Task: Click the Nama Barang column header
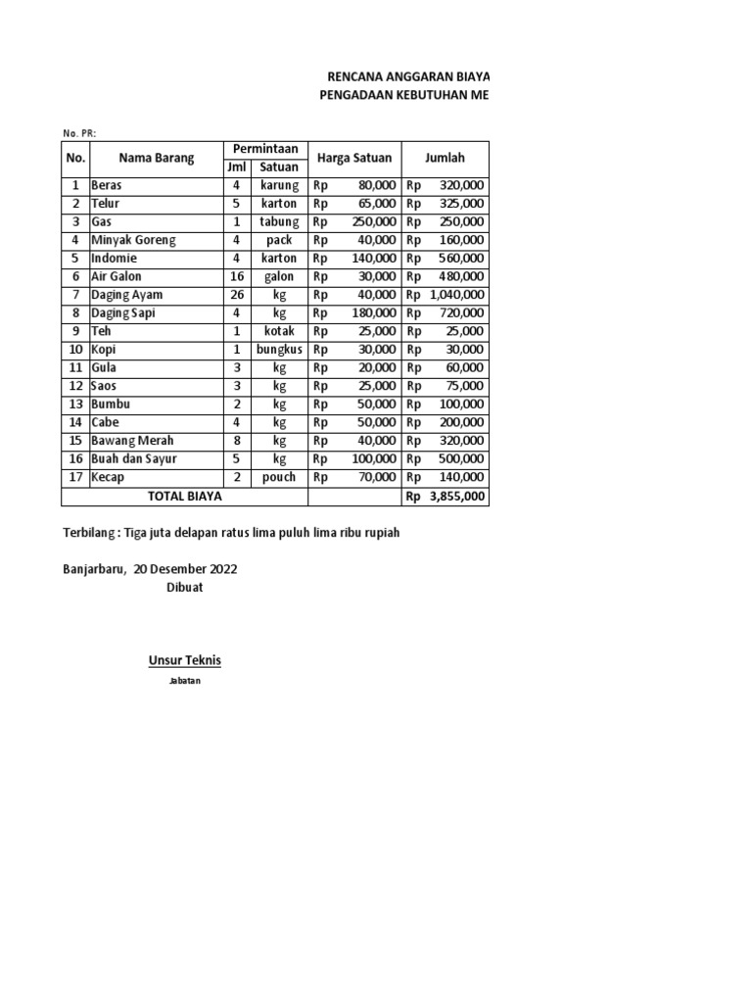pyautogui.click(x=157, y=158)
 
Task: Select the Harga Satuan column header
pyautogui.click(x=353, y=158)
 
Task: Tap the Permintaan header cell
pyautogui.click(x=264, y=148)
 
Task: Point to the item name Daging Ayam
pyautogui.click(x=126, y=295)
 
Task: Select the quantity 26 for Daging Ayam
pyautogui.click(x=236, y=295)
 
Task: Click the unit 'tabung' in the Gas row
pyautogui.click(x=279, y=221)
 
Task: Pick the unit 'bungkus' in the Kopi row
pyautogui.click(x=279, y=350)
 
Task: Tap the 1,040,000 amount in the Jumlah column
pyautogui.click(x=456, y=295)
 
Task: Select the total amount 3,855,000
pyautogui.click(x=456, y=497)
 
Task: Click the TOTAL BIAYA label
pyautogui.click(x=185, y=497)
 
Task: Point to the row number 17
pyautogui.click(x=75, y=477)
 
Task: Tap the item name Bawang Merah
pyautogui.click(x=133, y=441)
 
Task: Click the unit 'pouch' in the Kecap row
pyautogui.click(x=279, y=477)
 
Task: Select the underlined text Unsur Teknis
pyautogui.click(x=184, y=660)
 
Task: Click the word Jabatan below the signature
pyautogui.click(x=184, y=681)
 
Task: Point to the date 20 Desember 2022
pyautogui.click(x=185, y=568)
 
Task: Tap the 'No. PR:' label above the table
pyautogui.click(x=79, y=133)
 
